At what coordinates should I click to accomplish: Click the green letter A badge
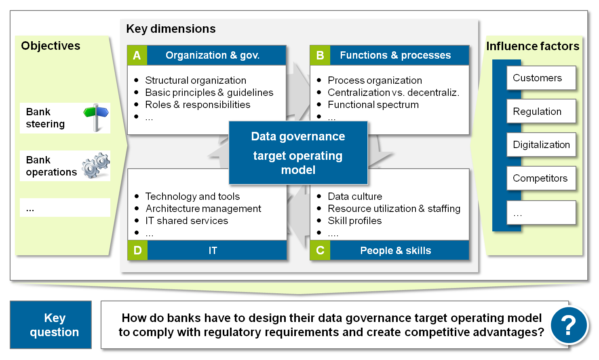pos(137,55)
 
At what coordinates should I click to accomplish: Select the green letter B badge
pos(320,55)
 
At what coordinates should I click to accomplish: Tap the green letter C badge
pos(320,250)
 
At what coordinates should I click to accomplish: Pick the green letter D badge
pos(137,250)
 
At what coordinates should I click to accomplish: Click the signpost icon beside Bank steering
pos(96,117)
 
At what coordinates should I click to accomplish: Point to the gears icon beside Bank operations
pos(96,165)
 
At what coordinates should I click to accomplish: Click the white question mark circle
pos(569,325)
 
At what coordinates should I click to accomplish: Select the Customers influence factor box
pos(541,78)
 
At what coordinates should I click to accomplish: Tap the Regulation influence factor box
pos(541,112)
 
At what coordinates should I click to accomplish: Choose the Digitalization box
pos(541,145)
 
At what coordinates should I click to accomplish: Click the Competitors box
pos(541,178)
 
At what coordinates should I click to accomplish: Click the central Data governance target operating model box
pos(298,153)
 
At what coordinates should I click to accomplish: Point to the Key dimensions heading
pos(171,29)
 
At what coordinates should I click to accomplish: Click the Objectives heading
pos(51,46)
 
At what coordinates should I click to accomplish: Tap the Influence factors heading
pos(532,46)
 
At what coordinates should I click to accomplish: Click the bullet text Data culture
pos(355,197)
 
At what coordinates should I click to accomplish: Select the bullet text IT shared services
pos(187,221)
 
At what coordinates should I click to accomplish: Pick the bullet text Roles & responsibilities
pos(198,105)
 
